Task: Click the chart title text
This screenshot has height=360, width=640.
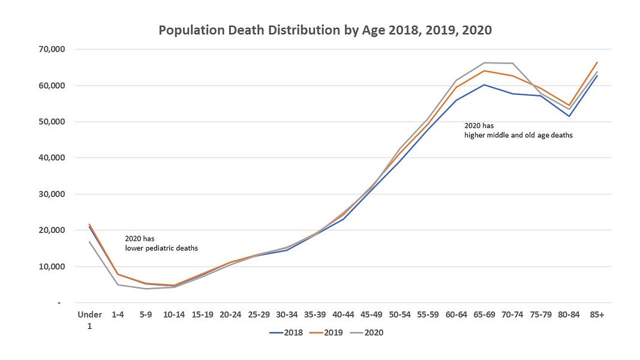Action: [325, 30]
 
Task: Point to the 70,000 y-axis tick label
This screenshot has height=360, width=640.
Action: [53, 49]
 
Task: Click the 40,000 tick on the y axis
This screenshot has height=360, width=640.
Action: [53, 158]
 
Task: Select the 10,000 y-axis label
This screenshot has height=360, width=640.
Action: [53, 266]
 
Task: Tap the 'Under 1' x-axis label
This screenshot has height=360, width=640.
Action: [89, 319]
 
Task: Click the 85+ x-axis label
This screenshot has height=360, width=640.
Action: [597, 314]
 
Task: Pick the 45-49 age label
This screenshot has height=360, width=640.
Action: [371, 314]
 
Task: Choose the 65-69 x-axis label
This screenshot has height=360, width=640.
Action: [484, 314]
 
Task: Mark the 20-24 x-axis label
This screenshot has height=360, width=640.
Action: [230, 314]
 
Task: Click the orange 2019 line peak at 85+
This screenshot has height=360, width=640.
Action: [597, 62]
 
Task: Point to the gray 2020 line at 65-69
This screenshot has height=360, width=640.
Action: [484, 62]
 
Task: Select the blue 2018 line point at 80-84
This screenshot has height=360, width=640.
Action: [569, 116]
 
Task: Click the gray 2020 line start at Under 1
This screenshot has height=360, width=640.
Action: [89, 242]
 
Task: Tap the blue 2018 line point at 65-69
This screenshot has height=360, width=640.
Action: [484, 85]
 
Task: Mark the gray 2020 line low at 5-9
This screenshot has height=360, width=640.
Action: [146, 289]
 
